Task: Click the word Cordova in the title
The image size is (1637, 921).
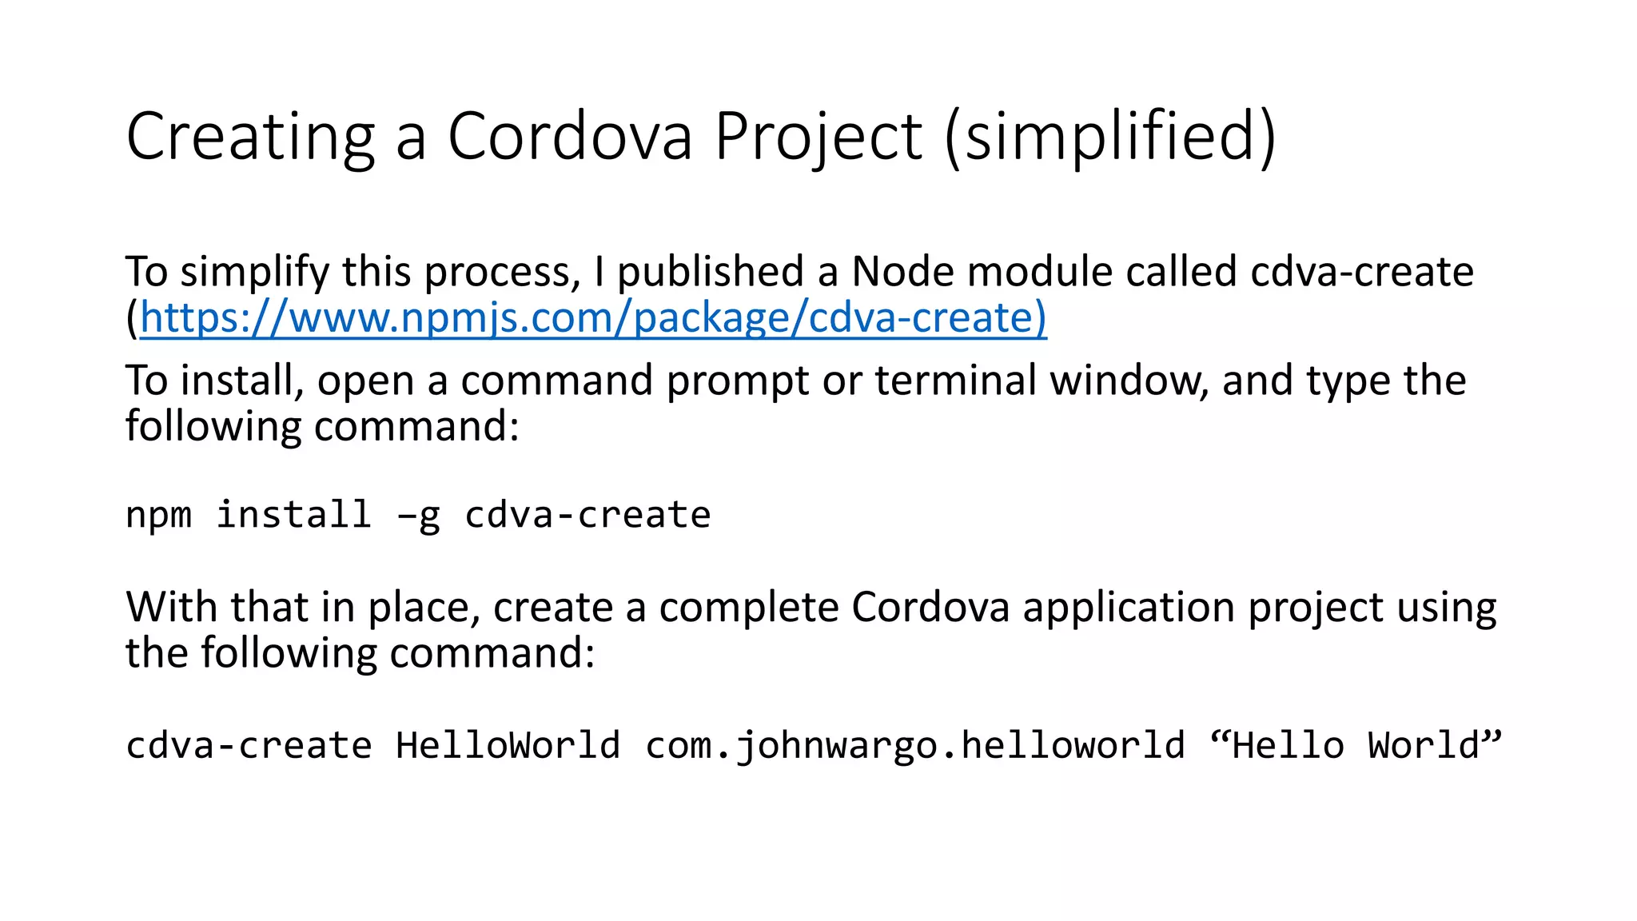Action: (x=569, y=136)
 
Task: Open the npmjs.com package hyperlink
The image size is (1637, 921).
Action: (x=593, y=318)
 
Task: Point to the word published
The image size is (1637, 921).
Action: (x=711, y=272)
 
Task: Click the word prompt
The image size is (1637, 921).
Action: (x=738, y=381)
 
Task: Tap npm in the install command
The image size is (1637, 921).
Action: (x=158, y=516)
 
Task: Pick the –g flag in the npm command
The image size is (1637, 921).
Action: (x=418, y=516)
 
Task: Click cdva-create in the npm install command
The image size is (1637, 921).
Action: (x=587, y=516)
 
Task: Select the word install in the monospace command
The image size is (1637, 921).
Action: (x=294, y=514)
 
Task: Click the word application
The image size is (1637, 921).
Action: (x=1129, y=608)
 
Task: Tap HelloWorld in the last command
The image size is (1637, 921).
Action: (x=508, y=745)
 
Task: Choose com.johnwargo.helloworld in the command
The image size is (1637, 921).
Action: (x=914, y=746)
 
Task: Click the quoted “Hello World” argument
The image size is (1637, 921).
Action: (x=1356, y=745)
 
